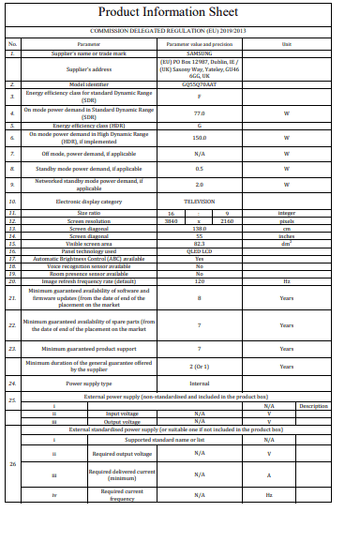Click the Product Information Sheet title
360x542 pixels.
[179, 13]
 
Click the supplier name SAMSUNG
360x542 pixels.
[200, 54]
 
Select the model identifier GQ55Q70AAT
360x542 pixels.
[200, 84]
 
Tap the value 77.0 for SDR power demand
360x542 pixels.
[200, 112]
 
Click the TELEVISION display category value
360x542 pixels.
[200, 202]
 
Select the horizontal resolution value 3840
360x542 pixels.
[171, 221]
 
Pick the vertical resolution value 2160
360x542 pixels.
[227, 221]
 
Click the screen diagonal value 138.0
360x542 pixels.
[200, 229]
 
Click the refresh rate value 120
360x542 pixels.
[200, 280]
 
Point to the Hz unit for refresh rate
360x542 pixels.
[287, 280]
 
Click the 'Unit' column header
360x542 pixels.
[287, 43]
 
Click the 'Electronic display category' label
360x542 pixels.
[89, 202]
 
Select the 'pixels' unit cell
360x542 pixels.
[287, 221]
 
